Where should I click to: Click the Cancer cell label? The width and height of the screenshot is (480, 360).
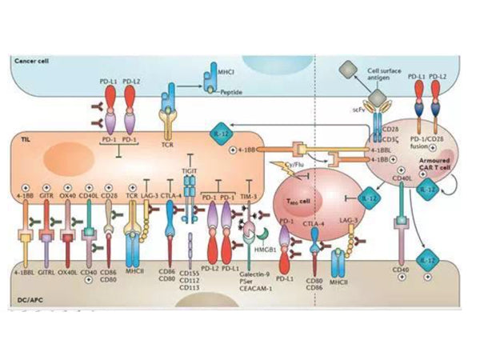tap(30, 61)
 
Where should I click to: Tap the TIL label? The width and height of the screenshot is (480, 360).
tap(24, 139)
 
